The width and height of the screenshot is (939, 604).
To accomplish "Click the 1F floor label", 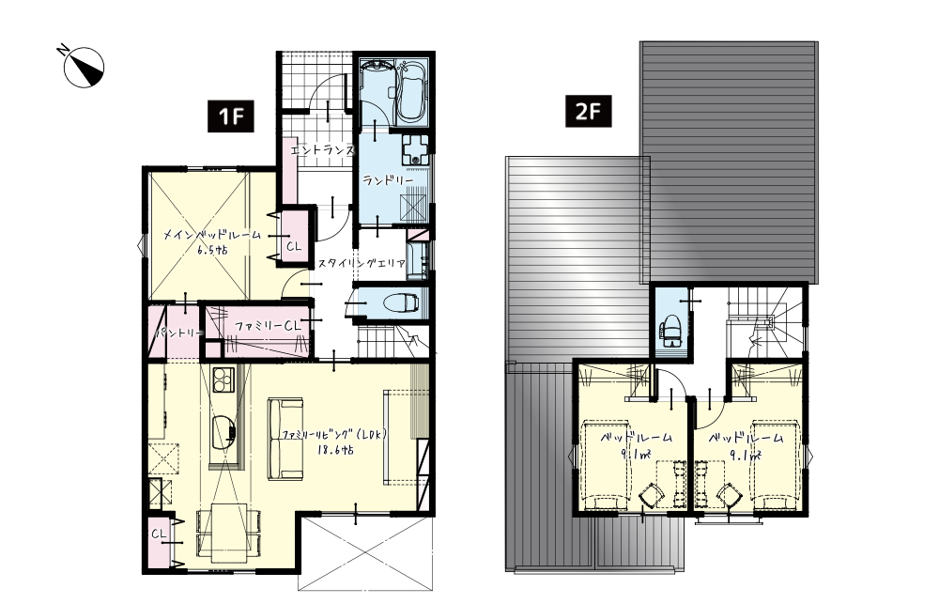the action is (x=231, y=116).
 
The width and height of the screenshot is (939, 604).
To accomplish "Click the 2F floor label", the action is (x=589, y=112).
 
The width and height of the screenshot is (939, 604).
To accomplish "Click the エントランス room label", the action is (x=323, y=150).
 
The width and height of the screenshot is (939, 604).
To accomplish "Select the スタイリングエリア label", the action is (x=362, y=263).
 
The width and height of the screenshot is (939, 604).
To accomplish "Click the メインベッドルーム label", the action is (x=212, y=236).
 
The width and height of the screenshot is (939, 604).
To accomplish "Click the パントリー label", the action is (x=179, y=333).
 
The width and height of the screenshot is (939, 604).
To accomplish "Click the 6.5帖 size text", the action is (x=212, y=251).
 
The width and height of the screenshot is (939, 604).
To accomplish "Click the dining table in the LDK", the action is (x=229, y=531).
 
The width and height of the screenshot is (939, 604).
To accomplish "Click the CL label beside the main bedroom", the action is (x=293, y=246).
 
